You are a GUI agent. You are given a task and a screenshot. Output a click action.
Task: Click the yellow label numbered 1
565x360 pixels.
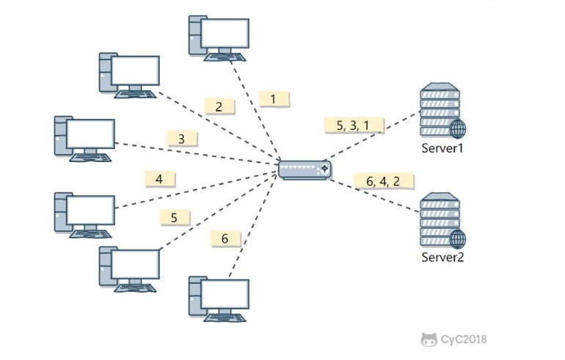[274, 99]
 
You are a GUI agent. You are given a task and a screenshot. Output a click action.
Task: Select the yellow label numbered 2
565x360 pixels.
[219, 106]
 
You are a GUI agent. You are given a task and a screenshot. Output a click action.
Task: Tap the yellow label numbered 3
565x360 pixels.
[182, 139]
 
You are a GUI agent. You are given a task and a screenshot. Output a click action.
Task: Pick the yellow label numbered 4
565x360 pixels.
[160, 179]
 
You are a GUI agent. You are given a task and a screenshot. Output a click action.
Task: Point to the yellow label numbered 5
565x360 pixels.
[175, 217]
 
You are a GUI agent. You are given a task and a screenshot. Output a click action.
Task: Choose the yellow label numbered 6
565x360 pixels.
[225, 238]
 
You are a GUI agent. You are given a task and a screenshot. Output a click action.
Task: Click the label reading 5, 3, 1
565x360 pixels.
[354, 125]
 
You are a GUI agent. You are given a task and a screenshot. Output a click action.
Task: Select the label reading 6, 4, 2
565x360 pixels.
[383, 181]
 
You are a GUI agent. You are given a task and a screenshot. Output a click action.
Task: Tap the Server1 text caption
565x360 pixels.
[442, 148]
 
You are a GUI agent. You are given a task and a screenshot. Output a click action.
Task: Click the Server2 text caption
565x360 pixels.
[442, 257]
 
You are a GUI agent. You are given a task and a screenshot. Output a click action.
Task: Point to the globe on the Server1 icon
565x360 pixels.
[458, 129]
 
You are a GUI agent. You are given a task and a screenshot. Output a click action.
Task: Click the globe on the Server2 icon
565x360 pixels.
[458, 240]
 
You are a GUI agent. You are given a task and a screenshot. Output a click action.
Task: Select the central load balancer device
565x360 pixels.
[305, 170]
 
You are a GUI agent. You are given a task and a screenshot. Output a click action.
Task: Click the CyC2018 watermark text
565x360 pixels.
[464, 339]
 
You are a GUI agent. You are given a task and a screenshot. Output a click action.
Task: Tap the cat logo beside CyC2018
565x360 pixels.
[429, 339]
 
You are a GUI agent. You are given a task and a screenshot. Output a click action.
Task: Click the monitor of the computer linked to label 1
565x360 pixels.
[225, 33]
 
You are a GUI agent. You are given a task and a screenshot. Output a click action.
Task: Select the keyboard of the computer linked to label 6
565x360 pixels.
[225, 317]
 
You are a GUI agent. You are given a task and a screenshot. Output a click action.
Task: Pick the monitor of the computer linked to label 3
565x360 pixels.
[90, 133]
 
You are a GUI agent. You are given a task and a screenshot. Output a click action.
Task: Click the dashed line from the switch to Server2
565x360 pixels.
[375, 196]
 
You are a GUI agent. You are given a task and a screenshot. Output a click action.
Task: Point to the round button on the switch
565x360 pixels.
[324, 169]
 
